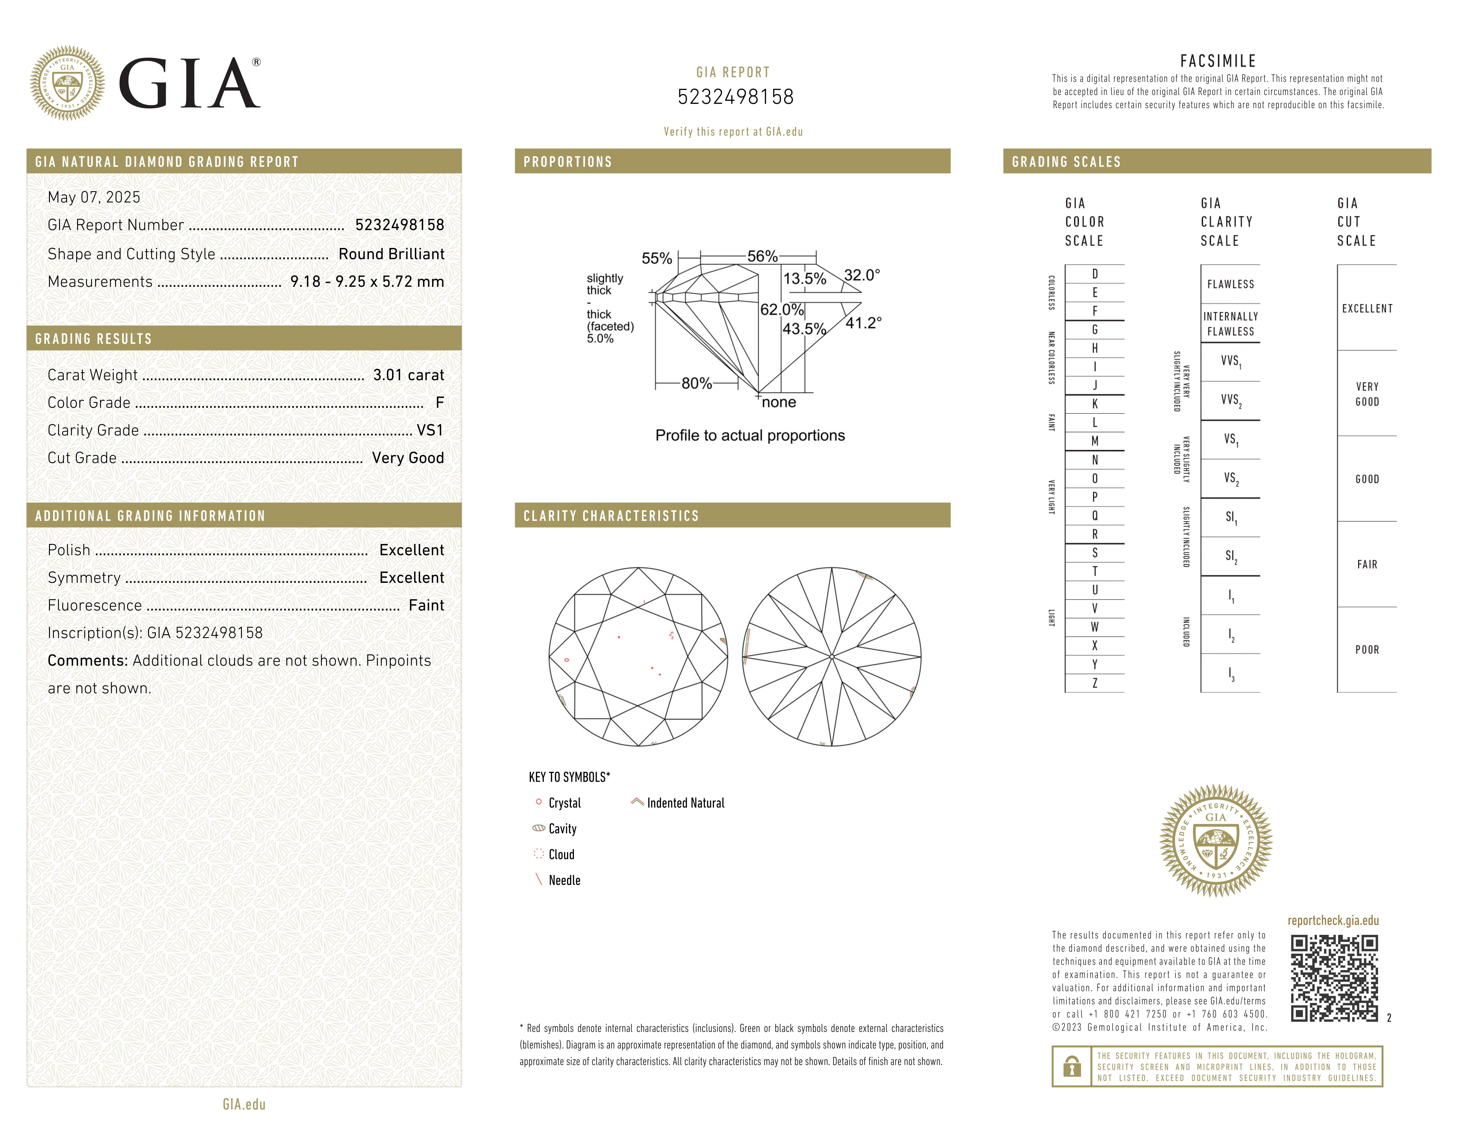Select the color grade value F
pos(439,402)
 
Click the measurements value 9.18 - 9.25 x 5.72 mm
pos(367,282)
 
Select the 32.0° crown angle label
pos(862,275)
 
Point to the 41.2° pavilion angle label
pos(863,323)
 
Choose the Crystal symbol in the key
pos(539,802)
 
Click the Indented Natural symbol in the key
pos(637,802)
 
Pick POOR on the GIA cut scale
pos(1366,650)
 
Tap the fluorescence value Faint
pos(426,606)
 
